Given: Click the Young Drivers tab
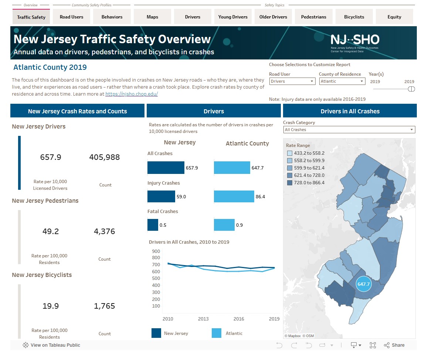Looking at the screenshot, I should pyautogui.click(x=232, y=17).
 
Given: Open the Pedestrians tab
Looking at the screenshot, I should pyautogui.click(x=313, y=17).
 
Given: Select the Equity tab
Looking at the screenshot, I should pyautogui.click(x=394, y=17).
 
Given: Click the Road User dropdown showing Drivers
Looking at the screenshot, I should pyautogui.click(x=292, y=81).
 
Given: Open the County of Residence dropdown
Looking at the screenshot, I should pyautogui.click(x=342, y=81).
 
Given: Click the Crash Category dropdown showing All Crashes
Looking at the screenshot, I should pyautogui.click(x=349, y=130).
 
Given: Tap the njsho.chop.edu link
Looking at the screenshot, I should pyautogui.click(x=132, y=94).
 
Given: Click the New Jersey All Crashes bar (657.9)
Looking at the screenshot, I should pyautogui.click(x=166, y=168).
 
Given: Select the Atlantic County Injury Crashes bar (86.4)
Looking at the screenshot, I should pyautogui.click(x=234, y=196).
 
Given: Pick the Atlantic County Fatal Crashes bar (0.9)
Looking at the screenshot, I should pyautogui.click(x=224, y=225).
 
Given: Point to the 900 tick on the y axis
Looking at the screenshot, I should pyautogui.click(x=156, y=251).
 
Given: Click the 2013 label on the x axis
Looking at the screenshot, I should pyautogui.click(x=203, y=319).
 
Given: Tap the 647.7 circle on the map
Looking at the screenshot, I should pyautogui.click(x=364, y=284).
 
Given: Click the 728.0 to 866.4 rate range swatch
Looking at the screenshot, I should pyautogui.click(x=289, y=183).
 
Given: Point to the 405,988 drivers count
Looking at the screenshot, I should pyautogui.click(x=105, y=157).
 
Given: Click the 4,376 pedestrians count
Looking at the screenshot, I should pyautogui.click(x=105, y=232).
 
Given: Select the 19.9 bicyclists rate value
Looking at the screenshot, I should pyautogui.click(x=51, y=306).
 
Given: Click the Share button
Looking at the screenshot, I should pyautogui.click(x=394, y=345).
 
